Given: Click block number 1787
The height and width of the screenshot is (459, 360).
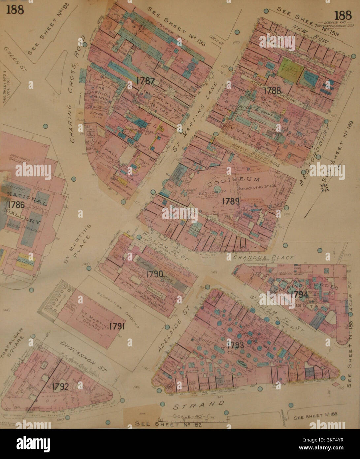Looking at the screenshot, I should pos(145,80).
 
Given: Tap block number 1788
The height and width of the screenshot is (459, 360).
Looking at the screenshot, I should pos(272,90).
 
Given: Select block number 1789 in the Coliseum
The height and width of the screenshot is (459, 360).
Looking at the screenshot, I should pos(231,201).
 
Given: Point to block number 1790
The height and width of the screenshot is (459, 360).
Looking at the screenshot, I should pos(154,274).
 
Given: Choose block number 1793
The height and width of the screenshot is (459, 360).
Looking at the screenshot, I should pos(235,345).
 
